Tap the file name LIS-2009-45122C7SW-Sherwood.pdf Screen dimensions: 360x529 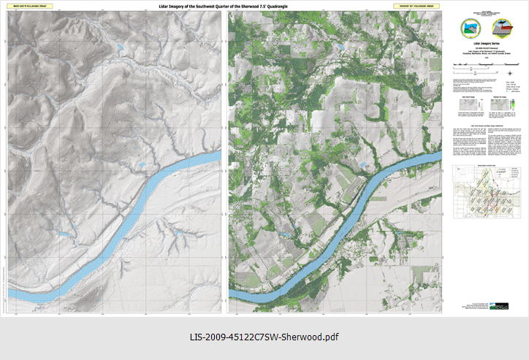tap(264, 337)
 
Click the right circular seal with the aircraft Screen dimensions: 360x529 tap(503, 28)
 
